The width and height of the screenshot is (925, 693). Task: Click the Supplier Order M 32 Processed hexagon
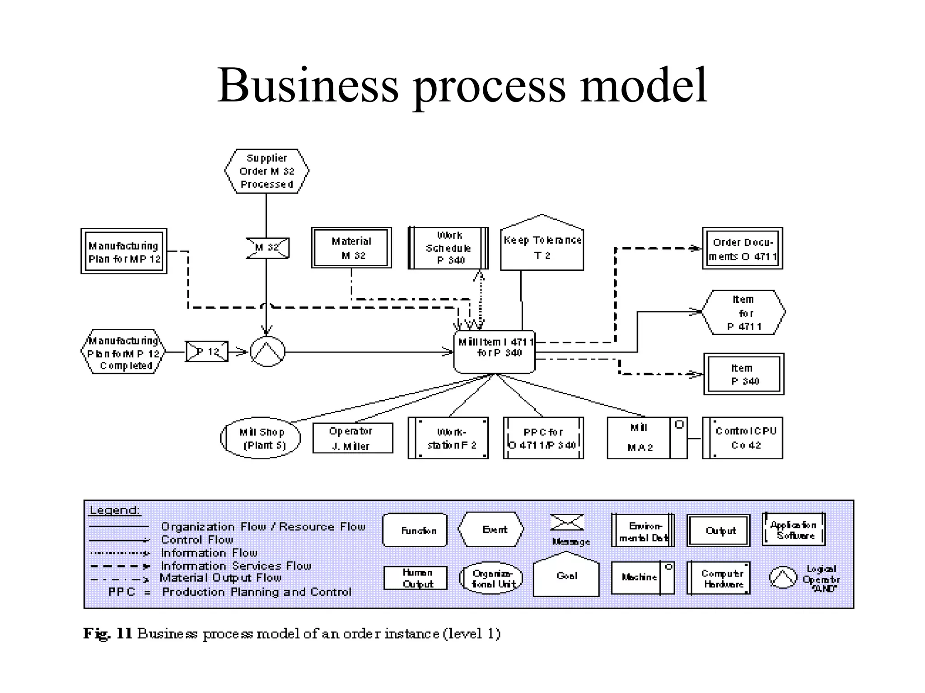pyautogui.click(x=266, y=171)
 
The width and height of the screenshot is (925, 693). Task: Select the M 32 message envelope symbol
pyautogui.click(x=267, y=248)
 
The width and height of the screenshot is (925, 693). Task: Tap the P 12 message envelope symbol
pyautogui.click(x=207, y=351)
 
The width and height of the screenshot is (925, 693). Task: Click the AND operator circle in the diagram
pyautogui.click(x=267, y=351)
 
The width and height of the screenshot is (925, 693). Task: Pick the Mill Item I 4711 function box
pyautogui.click(x=495, y=351)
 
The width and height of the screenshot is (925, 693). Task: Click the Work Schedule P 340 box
pyautogui.click(x=448, y=248)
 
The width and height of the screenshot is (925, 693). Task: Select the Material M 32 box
pyautogui.click(x=351, y=248)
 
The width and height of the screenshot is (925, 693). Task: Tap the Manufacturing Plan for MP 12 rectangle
pyautogui.click(x=124, y=251)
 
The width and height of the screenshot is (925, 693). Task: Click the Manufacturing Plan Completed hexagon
pyautogui.click(x=123, y=352)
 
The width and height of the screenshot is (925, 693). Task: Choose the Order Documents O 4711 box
pyautogui.click(x=742, y=249)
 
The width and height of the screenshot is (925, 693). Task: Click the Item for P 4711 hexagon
pyautogui.click(x=743, y=312)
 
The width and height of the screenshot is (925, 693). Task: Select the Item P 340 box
pyautogui.click(x=743, y=374)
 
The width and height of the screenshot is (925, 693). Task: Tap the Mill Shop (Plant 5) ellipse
pyautogui.click(x=261, y=438)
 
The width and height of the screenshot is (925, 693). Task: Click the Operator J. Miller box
pyautogui.click(x=352, y=438)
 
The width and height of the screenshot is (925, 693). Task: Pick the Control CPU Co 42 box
pyautogui.click(x=743, y=438)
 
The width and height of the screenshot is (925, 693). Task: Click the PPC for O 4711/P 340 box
pyautogui.click(x=543, y=438)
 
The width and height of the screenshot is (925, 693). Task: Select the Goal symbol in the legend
pyautogui.click(x=566, y=577)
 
